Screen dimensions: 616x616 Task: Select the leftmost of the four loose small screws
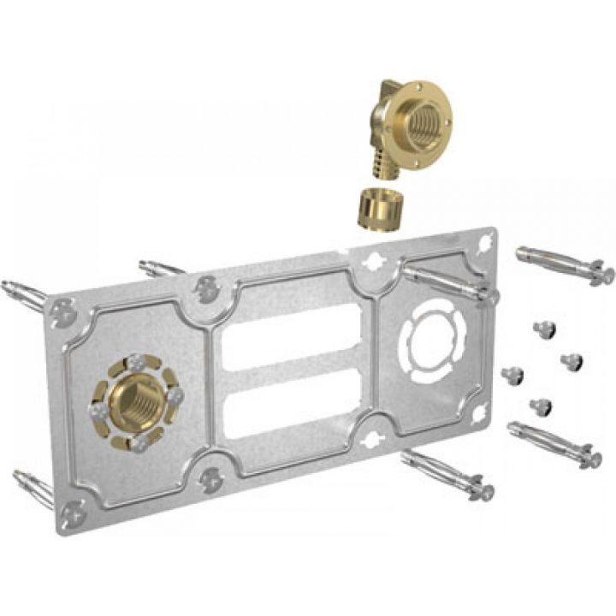(x=512, y=374)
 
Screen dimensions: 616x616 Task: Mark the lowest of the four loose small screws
(x=541, y=405)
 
